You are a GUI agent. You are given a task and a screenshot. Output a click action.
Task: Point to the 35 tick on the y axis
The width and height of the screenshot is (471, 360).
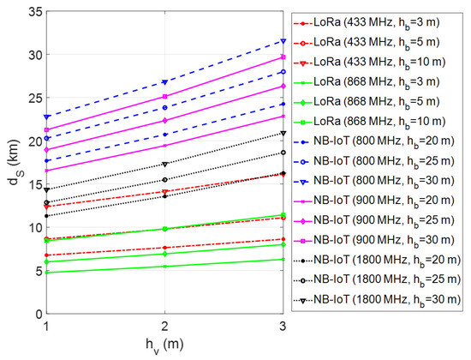click(31, 11)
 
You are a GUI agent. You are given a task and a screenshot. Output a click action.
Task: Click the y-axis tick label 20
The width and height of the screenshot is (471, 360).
click(31, 141)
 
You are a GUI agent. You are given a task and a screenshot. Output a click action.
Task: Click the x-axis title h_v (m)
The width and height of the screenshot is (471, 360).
click(163, 347)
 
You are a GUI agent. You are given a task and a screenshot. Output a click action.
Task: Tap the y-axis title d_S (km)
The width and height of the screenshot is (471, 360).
click(11, 163)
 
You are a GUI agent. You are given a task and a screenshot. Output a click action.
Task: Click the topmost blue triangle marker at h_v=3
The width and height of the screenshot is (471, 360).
click(283, 40)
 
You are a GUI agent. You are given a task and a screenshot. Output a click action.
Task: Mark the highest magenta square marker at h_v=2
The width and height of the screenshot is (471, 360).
click(163, 97)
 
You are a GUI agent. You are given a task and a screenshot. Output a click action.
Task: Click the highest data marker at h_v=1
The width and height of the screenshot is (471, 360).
click(43, 117)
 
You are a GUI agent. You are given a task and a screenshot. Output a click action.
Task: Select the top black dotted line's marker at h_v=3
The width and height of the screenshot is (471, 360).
click(283, 133)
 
